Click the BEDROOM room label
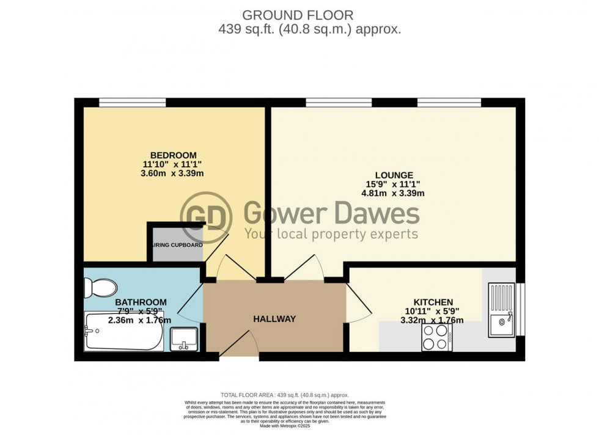(x=175, y=155)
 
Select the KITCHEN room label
(x=433, y=302)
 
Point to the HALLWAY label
(x=275, y=319)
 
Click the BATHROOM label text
(x=141, y=302)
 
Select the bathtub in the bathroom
(x=123, y=331)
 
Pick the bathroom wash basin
(x=184, y=337)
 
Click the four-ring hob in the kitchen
(x=436, y=337)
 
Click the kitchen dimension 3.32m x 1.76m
(x=433, y=320)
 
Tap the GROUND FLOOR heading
(x=298, y=14)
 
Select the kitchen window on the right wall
(x=521, y=309)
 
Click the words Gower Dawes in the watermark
(x=332, y=214)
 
